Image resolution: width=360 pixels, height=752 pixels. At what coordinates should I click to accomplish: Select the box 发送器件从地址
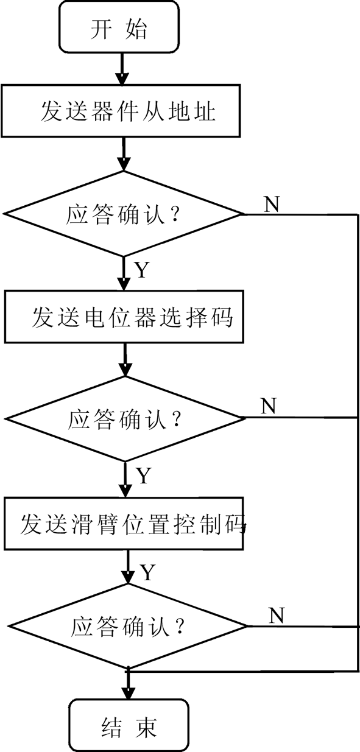pos(121,111)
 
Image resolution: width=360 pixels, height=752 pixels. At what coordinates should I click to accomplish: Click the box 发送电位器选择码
pos(124,317)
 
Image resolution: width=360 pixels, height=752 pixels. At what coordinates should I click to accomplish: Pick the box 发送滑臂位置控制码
pos(124,524)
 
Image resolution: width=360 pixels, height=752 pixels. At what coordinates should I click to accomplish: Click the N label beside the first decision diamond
pos(272,204)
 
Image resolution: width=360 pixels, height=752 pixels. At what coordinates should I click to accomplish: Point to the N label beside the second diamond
pos(268,406)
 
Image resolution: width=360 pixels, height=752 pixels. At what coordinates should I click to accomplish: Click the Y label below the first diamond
pos(142,270)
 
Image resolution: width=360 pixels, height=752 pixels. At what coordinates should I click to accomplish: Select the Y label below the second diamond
pos(144,476)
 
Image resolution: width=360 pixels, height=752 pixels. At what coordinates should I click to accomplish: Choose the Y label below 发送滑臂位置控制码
pos(148,572)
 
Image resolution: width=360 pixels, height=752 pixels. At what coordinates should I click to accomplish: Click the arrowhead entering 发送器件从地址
pos(122,79)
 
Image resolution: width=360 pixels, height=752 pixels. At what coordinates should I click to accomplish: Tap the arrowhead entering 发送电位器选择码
pos(124,284)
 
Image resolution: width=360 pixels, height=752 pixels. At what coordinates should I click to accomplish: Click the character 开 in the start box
pos(101,29)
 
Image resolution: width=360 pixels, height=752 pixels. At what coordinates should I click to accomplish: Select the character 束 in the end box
pos(146,728)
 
